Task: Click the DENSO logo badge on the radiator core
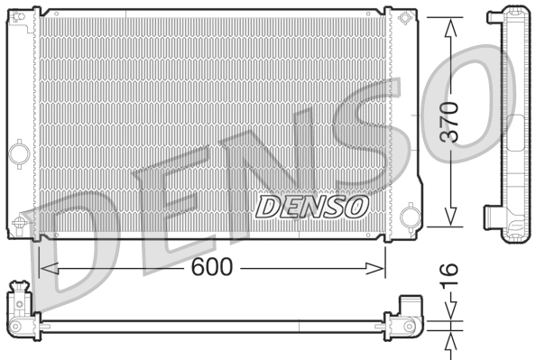[312, 207]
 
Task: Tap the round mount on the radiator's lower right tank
[406, 217]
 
